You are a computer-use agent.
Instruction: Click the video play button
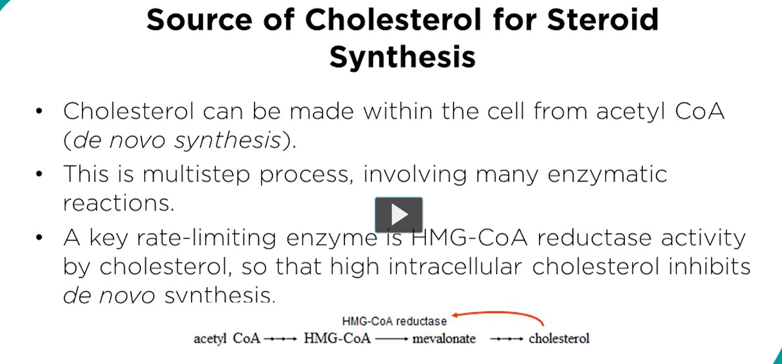coord(398,215)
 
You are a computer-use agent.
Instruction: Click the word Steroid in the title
coord(602,20)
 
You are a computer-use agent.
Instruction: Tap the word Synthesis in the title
coord(402,57)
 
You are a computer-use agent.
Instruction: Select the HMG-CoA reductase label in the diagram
coord(394,321)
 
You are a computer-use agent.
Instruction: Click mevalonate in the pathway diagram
coord(444,339)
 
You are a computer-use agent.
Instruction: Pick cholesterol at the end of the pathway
coord(559,339)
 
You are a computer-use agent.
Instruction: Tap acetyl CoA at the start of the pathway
coord(226,339)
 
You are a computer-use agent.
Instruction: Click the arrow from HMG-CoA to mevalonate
coord(391,339)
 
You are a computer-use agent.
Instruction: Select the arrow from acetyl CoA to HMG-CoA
coord(280,339)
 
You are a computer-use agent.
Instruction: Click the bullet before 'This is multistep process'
coord(39,174)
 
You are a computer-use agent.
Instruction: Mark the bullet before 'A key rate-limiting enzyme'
coord(39,237)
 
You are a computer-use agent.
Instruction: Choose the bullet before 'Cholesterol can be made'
coord(39,111)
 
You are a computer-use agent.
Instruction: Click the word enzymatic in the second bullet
coord(607,174)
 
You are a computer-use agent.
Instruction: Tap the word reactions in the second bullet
coord(118,203)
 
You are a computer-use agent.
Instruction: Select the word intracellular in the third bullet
coord(455,267)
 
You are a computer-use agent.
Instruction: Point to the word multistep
coord(196,174)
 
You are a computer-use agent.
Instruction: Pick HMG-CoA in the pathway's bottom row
coord(337,339)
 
